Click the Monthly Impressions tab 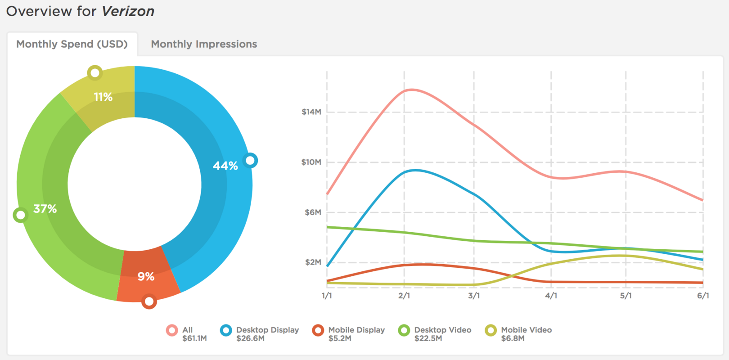click(204, 44)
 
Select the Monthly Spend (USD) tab click(72, 44)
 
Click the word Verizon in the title click(128, 11)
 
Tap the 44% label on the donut click(225, 166)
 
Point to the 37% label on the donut click(45, 209)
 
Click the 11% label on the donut click(103, 97)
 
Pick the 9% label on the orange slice click(146, 276)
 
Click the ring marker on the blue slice click(250, 160)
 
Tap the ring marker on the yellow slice click(95, 72)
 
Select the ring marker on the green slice click(20, 215)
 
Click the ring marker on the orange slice click(149, 301)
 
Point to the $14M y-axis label click(311, 112)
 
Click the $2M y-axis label click(313, 262)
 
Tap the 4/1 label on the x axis click(551, 296)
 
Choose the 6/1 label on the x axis click(703, 296)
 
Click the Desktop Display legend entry click(267, 330)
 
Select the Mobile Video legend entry click(526, 330)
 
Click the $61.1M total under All click(194, 338)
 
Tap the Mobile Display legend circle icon click(318, 330)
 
